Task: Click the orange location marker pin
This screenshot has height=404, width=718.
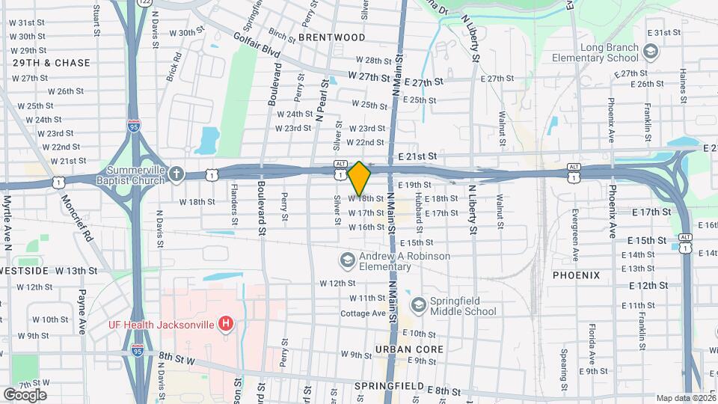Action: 359,178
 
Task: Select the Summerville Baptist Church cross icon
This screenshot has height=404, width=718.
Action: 176,174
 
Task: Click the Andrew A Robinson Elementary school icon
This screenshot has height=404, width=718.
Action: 346,260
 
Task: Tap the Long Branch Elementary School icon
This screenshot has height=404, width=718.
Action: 650,51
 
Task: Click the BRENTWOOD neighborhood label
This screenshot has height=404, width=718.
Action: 331,37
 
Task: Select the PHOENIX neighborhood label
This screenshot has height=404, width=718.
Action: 576,275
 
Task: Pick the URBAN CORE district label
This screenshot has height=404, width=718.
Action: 409,349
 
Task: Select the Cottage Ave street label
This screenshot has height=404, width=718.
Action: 362,313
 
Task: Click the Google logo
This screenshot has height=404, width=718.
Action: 24,394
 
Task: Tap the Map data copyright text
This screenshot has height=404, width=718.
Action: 686,398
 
